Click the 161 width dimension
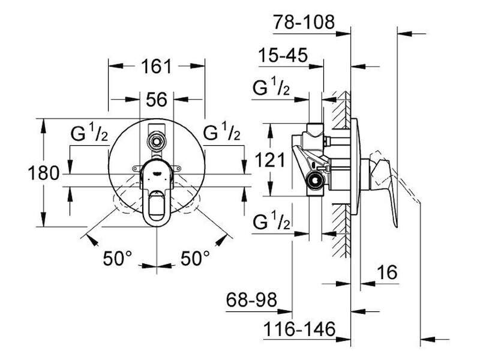(x=157, y=67)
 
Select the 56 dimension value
(x=157, y=100)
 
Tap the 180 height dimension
(x=43, y=173)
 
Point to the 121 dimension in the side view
(x=270, y=160)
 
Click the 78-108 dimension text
(x=304, y=22)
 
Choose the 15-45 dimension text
(x=283, y=55)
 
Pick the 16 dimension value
(x=387, y=272)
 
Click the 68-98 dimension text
(x=251, y=299)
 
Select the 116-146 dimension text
(x=299, y=329)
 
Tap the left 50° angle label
(x=118, y=258)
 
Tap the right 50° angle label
(x=195, y=258)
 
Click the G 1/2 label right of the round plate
(x=222, y=131)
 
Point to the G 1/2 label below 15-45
(x=271, y=87)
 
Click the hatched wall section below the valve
(x=341, y=230)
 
